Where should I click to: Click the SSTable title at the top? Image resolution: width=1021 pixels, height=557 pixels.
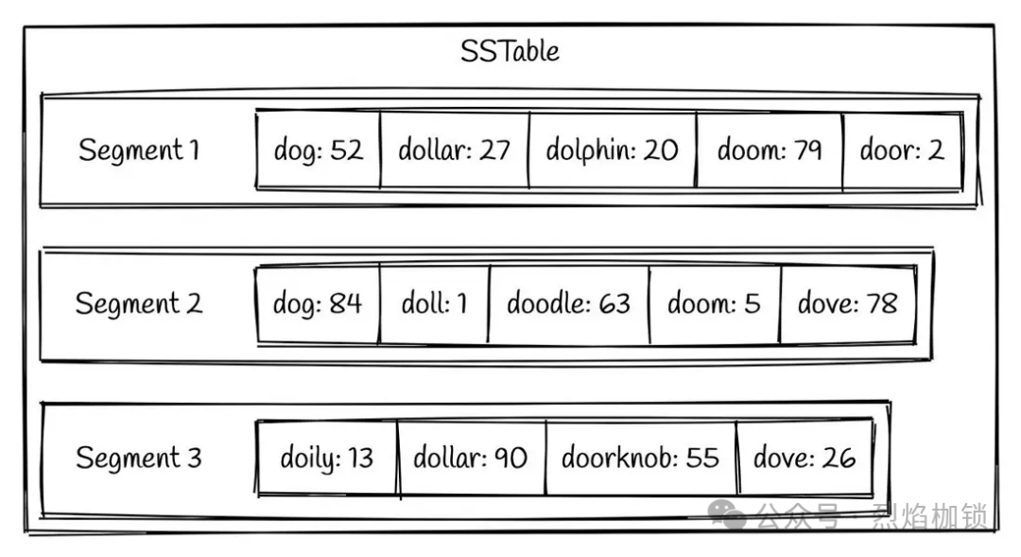(x=510, y=50)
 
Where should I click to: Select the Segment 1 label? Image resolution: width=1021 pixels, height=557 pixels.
(x=139, y=150)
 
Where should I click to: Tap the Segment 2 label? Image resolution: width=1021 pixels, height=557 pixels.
(x=138, y=304)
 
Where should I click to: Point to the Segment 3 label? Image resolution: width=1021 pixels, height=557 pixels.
(x=138, y=459)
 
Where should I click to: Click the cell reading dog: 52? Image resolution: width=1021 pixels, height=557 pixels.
(x=318, y=150)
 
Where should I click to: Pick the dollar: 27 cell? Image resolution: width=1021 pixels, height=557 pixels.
(x=454, y=150)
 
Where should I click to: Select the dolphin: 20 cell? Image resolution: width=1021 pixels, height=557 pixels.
(x=612, y=150)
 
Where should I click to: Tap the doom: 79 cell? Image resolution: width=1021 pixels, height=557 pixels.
(x=769, y=150)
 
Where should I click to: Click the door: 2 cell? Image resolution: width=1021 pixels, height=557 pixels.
(x=901, y=150)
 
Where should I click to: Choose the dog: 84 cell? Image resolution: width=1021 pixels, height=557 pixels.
(x=318, y=305)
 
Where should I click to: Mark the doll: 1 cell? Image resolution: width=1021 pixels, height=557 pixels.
(x=434, y=305)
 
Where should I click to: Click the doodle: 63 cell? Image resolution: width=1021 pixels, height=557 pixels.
(x=568, y=305)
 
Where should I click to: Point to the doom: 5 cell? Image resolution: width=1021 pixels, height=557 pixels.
(x=714, y=305)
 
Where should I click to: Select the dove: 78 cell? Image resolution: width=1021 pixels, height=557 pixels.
(x=847, y=305)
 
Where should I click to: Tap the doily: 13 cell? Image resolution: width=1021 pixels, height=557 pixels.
(x=326, y=459)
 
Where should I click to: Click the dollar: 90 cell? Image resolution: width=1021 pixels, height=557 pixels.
(x=470, y=459)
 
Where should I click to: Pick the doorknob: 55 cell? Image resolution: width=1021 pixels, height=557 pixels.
(x=640, y=459)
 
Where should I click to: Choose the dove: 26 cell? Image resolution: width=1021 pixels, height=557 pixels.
(x=804, y=459)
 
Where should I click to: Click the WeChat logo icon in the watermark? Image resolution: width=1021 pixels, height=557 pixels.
(x=728, y=515)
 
